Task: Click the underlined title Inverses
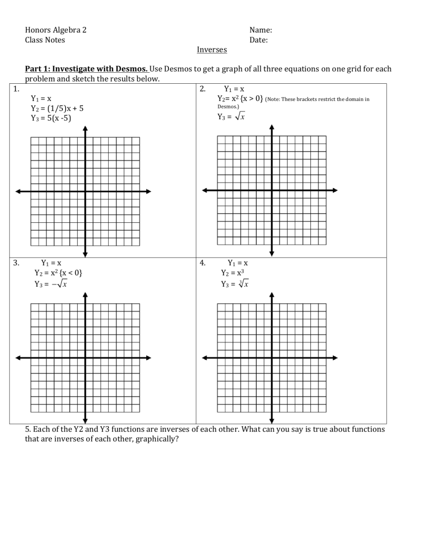212,50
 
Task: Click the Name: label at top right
261,30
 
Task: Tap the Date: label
259,40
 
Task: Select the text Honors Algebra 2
56,30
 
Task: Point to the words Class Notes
45,40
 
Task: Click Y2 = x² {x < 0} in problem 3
59,273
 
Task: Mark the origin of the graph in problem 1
85,191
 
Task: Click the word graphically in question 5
156,439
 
